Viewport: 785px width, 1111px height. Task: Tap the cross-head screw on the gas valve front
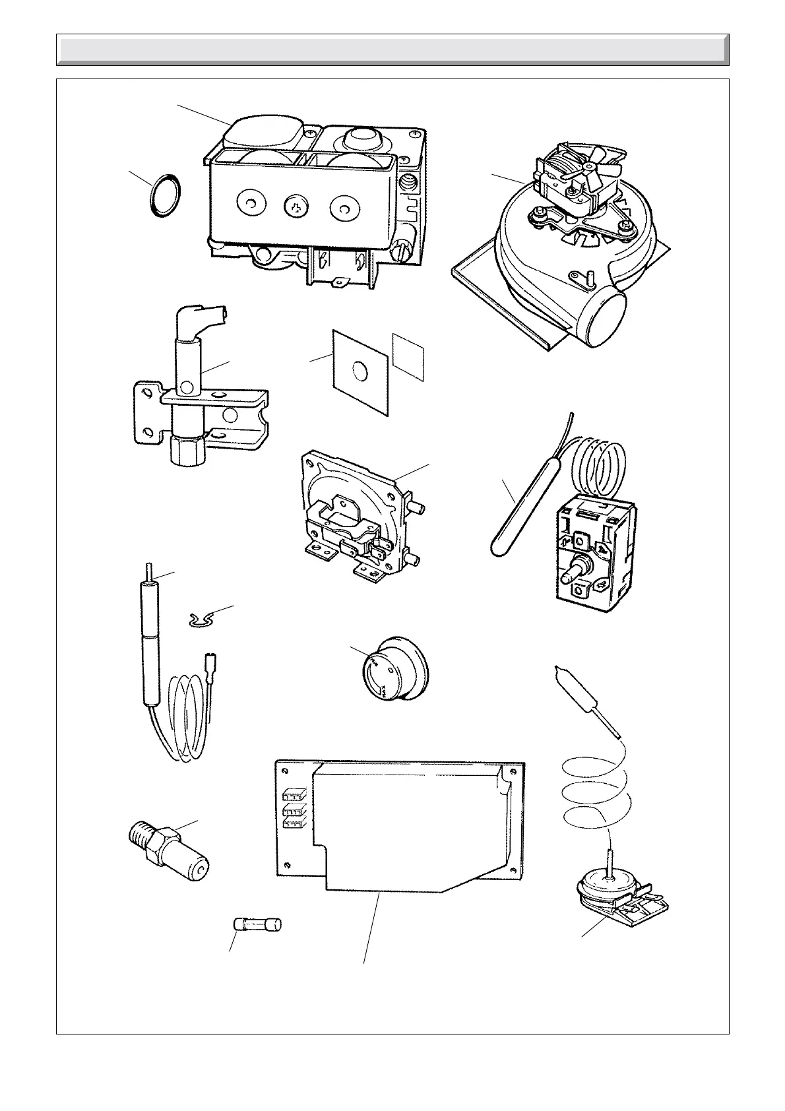coord(296,208)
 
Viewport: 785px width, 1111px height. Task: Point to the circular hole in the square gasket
coord(361,371)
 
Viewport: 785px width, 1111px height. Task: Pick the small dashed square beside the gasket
coord(409,357)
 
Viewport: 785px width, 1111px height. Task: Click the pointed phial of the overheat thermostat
coord(573,693)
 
